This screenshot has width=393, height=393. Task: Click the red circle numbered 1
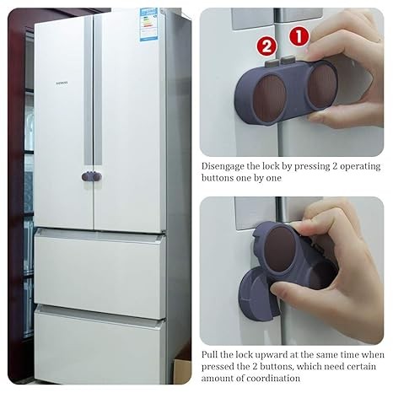click(299, 36)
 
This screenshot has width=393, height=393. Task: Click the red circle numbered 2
click(266, 46)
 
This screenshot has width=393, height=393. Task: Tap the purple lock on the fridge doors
click(92, 176)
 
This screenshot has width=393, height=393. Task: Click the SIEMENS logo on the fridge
click(62, 83)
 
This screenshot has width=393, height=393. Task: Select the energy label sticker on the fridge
click(149, 24)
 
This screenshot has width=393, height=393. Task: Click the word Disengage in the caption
click(223, 166)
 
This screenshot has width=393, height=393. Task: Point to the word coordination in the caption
click(273, 378)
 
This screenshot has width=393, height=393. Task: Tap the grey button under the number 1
click(288, 59)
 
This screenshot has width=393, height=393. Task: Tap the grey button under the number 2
click(272, 63)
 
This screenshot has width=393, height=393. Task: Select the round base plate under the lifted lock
click(253, 294)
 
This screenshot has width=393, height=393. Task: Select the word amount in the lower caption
click(217, 379)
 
